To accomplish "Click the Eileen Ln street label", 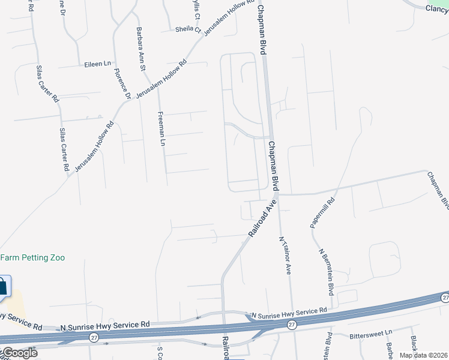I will (98, 64).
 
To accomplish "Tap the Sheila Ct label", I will (187, 29).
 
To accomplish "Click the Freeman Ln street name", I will (160, 128).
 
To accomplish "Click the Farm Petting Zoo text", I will (32, 257).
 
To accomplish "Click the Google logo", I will (19, 353).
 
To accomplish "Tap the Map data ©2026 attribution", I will (423, 355).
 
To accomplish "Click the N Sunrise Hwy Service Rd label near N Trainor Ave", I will (289, 314).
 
